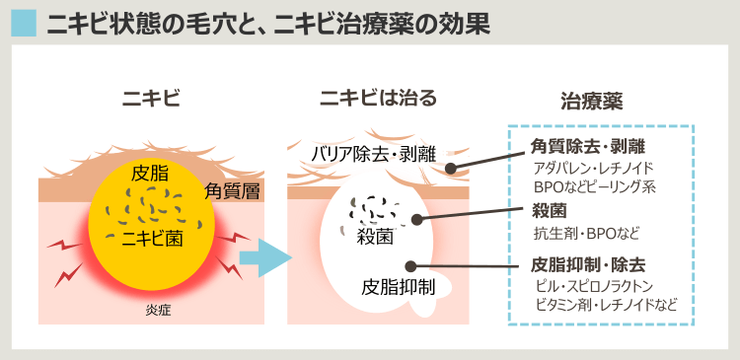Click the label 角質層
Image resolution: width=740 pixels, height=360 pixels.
pos(232,191)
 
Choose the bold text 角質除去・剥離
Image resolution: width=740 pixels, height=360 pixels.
pos(588,147)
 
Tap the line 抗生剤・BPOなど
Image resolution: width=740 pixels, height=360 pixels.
pos(585,233)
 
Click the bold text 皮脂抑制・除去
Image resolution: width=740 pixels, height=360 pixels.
pos(588,264)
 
